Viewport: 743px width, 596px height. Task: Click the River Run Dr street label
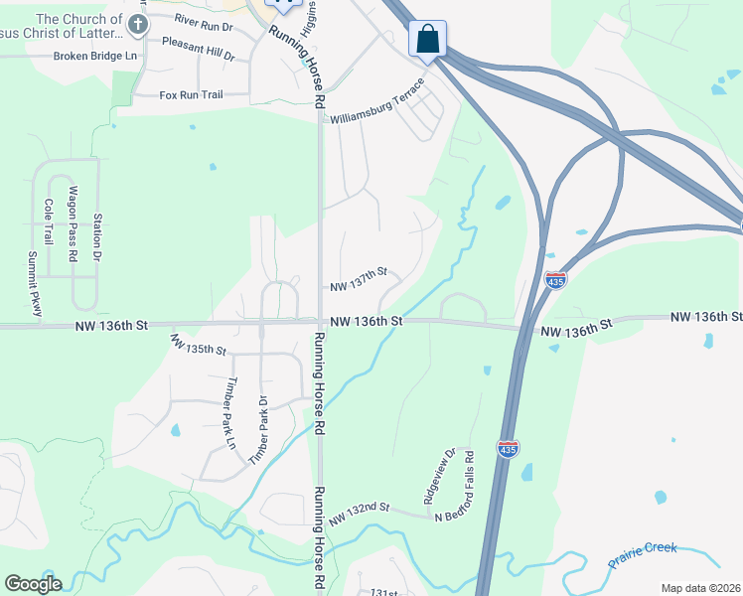[x=202, y=19]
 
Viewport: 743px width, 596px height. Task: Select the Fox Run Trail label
[x=191, y=95]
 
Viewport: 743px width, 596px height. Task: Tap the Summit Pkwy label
[x=35, y=284]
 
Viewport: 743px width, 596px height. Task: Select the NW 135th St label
[x=199, y=345]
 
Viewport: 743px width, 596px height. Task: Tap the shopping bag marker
[x=427, y=40]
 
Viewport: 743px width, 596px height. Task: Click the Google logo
[x=33, y=583]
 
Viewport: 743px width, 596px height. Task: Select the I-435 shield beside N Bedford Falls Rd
[x=507, y=450]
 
